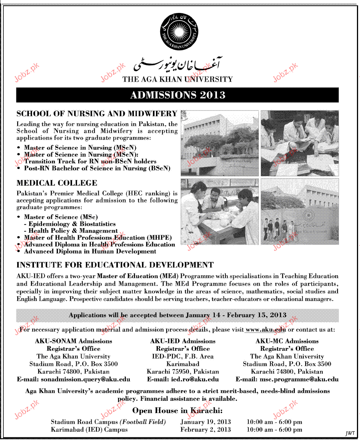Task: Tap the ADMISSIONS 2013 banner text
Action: pos(178,95)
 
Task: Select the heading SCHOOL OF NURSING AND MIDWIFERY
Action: pos(97,114)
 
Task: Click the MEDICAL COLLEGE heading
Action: pos(57,183)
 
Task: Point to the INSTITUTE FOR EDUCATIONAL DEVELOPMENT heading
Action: pos(115,265)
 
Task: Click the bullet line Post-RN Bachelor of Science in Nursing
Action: pos(97,168)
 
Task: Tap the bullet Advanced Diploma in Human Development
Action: pos(90,251)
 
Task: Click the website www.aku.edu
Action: pos(265,329)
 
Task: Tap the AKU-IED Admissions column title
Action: pos(183,341)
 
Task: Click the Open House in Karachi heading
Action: pos(177,411)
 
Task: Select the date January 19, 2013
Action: pos(206,422)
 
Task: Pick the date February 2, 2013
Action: pos(206,429)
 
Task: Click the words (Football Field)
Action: pos(143,422)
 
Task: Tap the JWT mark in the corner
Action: pos(350,433)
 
